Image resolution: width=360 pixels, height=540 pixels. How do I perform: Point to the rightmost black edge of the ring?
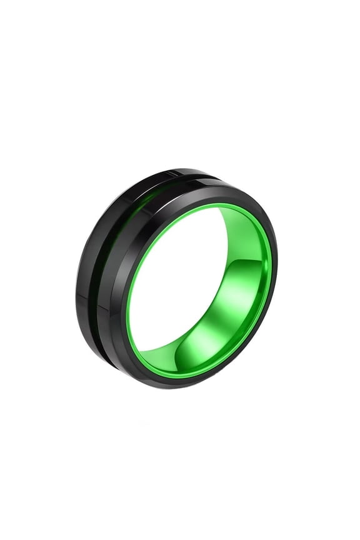point(277,275)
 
